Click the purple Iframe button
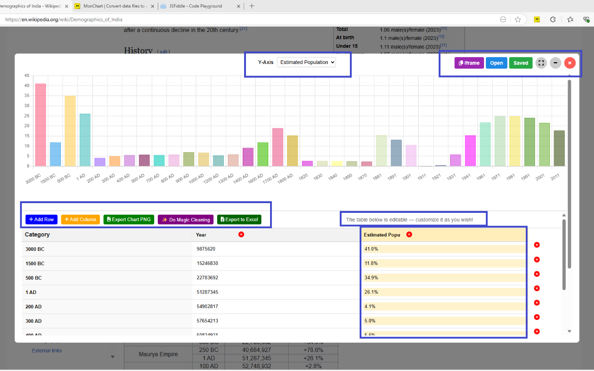coord(469,63)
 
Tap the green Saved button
coord(521,63)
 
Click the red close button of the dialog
coord(570,63)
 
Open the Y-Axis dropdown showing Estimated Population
coord(306,63)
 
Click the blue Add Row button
coord(41,219)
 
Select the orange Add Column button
coord(80,219)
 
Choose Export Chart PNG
coord(129,219)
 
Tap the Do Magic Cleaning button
coord(186,219)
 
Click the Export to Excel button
coord(239,219)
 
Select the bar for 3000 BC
coord(40,125)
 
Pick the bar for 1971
coord(500,141)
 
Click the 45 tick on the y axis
coord(27,76)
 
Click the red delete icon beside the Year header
coord(241,235)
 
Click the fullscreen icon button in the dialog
coord(541,63)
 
